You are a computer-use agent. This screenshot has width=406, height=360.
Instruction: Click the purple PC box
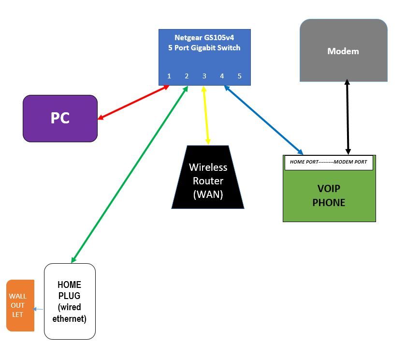(x=60, y=118)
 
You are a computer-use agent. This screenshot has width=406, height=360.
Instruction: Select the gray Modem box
(x=343, y=50)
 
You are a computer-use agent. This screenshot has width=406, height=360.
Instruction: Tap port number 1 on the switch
(x=169, y=76)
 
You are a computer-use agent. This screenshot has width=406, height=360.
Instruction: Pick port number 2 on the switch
(x=187, y=76)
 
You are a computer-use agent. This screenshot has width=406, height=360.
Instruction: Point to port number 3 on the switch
(x=204, y=76)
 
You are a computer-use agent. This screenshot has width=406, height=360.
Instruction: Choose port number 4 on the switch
(x=222, y=76)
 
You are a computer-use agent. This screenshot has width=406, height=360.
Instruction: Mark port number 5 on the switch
(x=239, y=76)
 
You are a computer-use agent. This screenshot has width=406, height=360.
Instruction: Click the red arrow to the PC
(x=133, y=102)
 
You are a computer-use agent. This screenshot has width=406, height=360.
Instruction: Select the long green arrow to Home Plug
(x=130, y=174)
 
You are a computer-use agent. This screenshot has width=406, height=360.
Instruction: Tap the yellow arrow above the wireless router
(x=206, y=115)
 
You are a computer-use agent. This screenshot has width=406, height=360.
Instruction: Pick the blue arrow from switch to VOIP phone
(x=263, y=120)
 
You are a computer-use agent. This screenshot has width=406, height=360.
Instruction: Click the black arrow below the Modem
(x=347, y=117)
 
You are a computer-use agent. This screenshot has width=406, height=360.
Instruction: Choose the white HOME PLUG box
(x=70, y=301)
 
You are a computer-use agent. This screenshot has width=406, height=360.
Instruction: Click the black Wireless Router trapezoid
(x=208, y=178)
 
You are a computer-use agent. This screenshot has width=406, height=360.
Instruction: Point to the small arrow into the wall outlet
(x=38, y=309)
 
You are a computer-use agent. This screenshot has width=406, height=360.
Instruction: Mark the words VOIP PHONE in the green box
(x=329, y=195)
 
